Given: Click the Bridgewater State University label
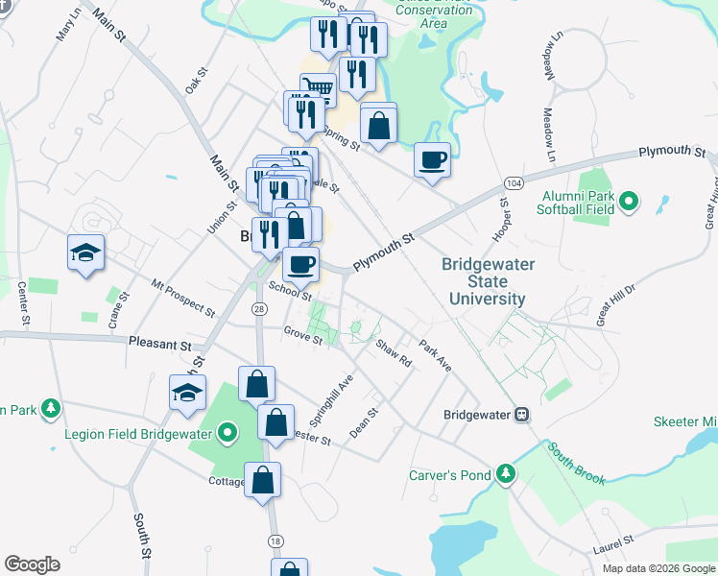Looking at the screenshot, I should [x=489, y=281].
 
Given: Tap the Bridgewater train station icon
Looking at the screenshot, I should [x=522, y=415].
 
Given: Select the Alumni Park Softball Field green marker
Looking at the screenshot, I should [x=629, y=202].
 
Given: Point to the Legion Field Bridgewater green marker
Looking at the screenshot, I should [x=227, y=433].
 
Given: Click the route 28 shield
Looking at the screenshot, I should [x=259, y=307].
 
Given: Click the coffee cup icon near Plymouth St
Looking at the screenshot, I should [x=432, y=159].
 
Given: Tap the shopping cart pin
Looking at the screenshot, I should [x=319, y=90].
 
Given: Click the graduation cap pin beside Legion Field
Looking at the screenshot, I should [x=187, y=393].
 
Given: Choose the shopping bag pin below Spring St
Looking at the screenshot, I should [x=379, y=125].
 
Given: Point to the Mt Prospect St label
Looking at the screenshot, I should [x=183, y=298].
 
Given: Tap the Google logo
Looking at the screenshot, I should [x=32, y=564].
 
